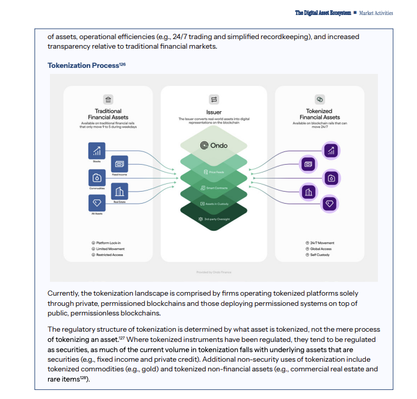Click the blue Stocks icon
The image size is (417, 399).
point(96,151)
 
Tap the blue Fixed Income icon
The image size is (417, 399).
point(119,163)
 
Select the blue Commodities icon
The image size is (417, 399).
point(96,178)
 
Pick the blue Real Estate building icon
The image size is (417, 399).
point(119,191)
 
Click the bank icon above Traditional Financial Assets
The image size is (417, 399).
point(108,100)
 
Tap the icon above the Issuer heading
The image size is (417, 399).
point(214,99)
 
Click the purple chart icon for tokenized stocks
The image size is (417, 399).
point(330,150)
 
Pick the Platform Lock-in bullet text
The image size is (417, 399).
point(109,243)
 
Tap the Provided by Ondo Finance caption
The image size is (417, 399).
point(214,272)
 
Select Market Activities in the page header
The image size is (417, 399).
point(377,13)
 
